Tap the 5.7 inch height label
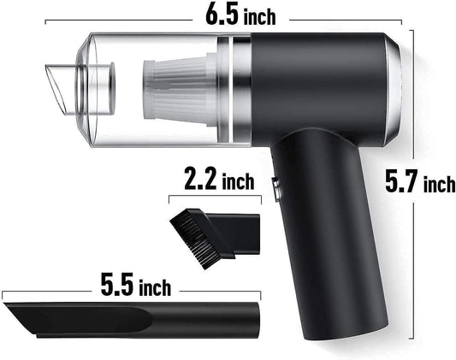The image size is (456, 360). click(x=419, y=181)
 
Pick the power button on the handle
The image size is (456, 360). click(x=276, y=188)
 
